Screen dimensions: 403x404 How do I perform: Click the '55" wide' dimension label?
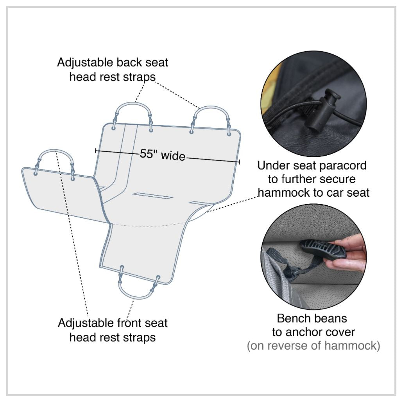pos(163,155)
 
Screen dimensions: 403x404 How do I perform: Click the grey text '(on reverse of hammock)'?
pos(313,346)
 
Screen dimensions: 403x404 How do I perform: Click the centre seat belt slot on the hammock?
pos(152,196)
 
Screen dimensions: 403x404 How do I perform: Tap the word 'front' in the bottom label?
pos(130,323)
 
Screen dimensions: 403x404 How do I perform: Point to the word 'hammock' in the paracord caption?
pos(284,193)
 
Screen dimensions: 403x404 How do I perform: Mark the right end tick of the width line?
pos(239,162)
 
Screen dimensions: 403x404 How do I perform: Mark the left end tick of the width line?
pos(96,151)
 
